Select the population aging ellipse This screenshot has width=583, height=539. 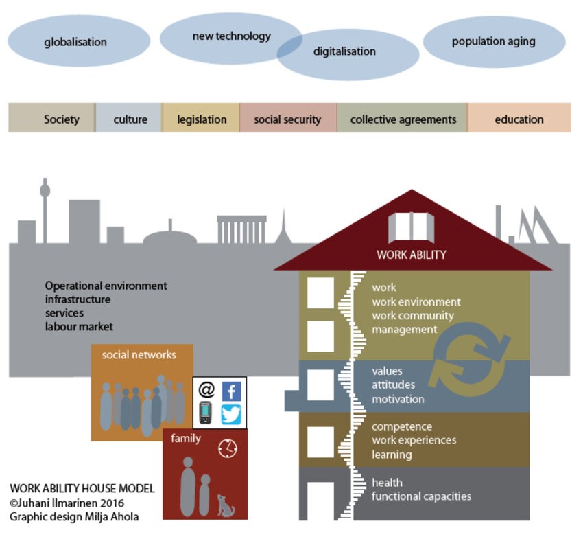pos(494,41)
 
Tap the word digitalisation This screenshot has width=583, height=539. pos(344,51)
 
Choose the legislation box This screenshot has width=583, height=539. pos(202,119)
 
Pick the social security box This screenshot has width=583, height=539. pos(287,119)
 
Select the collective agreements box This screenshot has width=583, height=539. pos(403,119)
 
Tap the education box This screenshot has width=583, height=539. pos(519,119)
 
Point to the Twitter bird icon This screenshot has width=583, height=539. pos(231,414)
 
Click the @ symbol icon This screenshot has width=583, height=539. pos(206,390)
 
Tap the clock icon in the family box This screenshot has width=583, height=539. pos(227,448)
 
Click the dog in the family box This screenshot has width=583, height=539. pos(224,505)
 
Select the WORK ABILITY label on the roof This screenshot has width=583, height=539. pos(411,255)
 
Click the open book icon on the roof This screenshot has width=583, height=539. pos(412,227)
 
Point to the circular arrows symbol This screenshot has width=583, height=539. pos(470,356)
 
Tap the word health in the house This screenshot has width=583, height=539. pos(387,482)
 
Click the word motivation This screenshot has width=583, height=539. pos(398,399)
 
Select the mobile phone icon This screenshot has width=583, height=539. pos(205,413)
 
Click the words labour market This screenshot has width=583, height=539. pos(79,327)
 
